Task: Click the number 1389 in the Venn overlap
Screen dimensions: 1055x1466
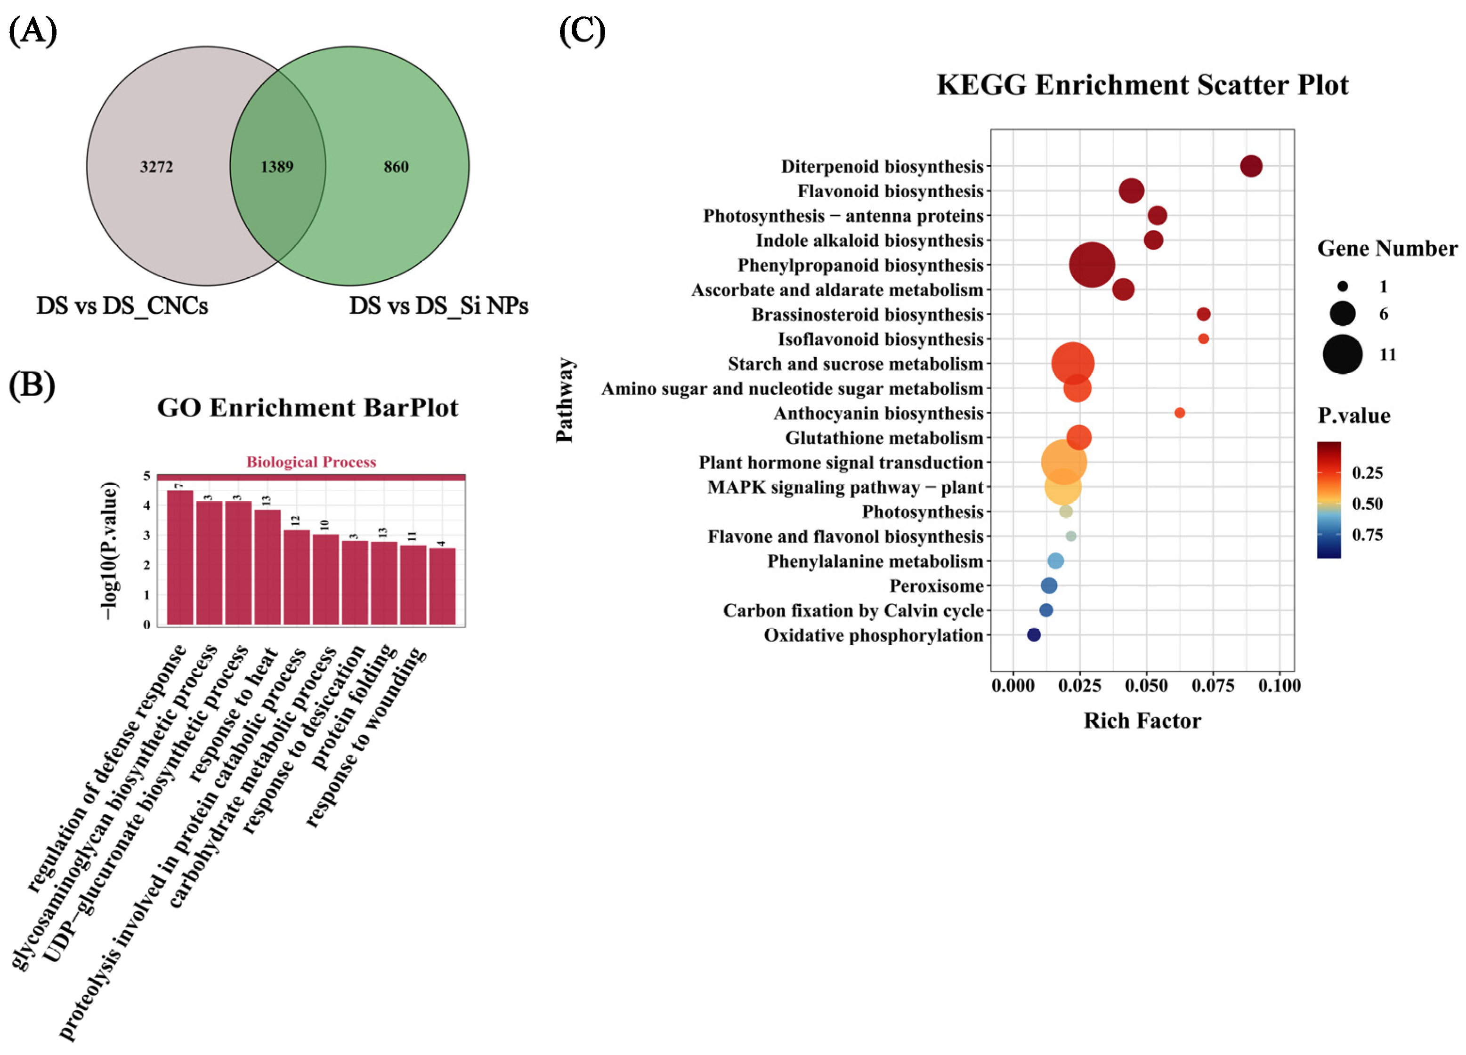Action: coord(276,167)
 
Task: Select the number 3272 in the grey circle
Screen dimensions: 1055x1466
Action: coord(156,167)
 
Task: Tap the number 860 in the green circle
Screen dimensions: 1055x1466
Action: coord(396,167)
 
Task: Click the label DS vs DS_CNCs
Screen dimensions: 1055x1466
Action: coord(122,306)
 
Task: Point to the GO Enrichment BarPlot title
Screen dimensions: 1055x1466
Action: coord(308,408)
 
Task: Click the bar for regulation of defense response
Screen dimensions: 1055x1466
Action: coord(180,557)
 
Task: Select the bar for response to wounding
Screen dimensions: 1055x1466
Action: coord(442,586)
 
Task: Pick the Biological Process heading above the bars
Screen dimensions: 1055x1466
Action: coord(311,462)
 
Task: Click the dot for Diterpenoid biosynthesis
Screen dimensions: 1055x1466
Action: coord(1251,166)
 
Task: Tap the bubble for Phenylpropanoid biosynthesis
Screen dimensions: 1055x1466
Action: coord(1092,264)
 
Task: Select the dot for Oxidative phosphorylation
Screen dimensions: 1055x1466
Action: coord(1034,635)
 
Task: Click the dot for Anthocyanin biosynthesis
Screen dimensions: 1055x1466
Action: coord(1179,413)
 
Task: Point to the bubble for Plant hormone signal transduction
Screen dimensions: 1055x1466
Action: coord(1063,462)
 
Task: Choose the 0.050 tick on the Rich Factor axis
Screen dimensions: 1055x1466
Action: coord(1146,686)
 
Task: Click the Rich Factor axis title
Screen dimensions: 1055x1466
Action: coord(1142,721)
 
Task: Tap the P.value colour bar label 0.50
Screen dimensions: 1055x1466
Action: coord(1367,503)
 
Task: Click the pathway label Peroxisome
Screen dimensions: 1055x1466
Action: coord(936,586)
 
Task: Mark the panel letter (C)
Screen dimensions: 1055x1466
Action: coord(582,31)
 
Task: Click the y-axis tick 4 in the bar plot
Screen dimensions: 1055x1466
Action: coord(147,505)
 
